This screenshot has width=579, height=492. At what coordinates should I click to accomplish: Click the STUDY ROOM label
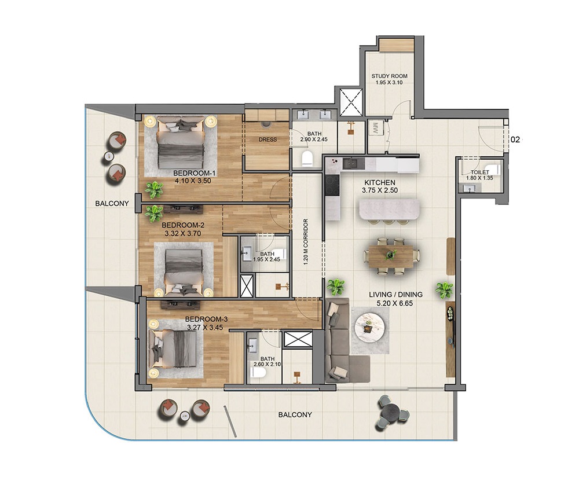pyautogui.click(x=389, y=76)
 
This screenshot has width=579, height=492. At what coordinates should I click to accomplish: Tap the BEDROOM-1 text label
pyautogui.click(x=194, y=173)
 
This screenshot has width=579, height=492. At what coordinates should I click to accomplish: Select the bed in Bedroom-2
pyautogui.click(x=182, y=266)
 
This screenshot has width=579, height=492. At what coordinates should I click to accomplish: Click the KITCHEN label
pyautogui.click(x=380, y=182)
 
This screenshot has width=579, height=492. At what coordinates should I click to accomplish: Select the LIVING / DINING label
pyautogui.click(x=395, y=295)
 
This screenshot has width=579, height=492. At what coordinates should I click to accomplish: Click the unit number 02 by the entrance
pyautogui.click(x=516, y=139)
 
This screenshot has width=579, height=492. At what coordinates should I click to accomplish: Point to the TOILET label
pyautogui.click(x=480, y=172)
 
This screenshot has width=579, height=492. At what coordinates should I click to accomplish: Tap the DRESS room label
pyautogui.click(x=267, y=139)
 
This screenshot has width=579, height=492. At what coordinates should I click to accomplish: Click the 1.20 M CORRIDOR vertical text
pyautogui.click(x=306, y=242)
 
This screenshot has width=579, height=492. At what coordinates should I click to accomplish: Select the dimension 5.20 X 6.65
pyautogui.click(x=395, y=303)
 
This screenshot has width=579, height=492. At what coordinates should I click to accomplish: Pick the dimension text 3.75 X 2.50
pyautogui.click(x=380, y=190)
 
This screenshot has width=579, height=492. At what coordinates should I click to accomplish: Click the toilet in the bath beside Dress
pyautogui.click(x=307, y=158)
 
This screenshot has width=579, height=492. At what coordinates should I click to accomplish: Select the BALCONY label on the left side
pyautogui.click(x=112, y=203)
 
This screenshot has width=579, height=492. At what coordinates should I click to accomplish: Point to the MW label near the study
pyautogui.click(x=375, y=129)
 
